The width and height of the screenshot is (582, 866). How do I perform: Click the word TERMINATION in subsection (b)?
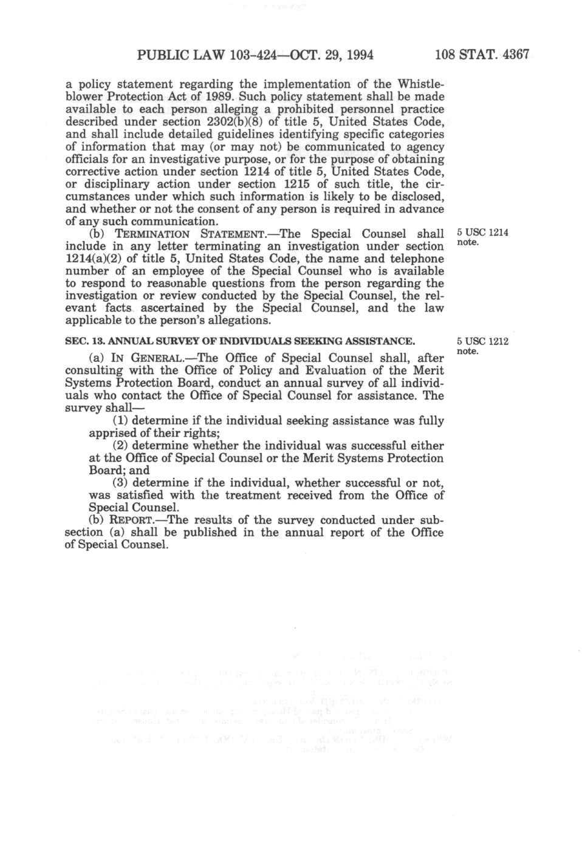point(150,234)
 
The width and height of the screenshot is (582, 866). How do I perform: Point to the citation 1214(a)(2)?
point(93,259)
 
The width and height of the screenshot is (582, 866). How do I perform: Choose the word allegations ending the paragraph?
point(235,321)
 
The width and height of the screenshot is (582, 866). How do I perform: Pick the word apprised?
point(112,433)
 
